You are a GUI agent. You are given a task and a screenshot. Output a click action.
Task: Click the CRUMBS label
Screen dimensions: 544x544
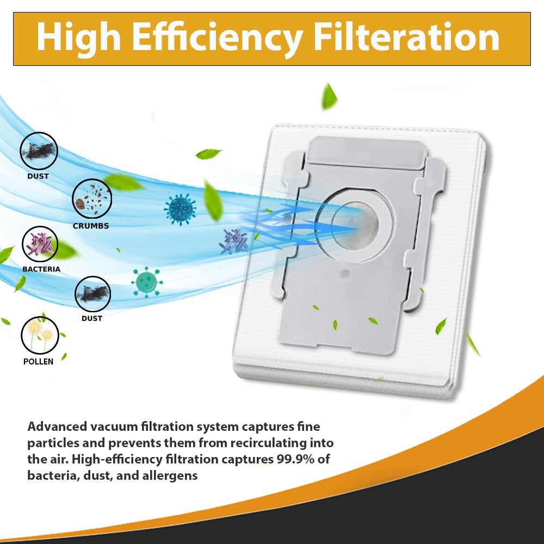[x=91, y=226]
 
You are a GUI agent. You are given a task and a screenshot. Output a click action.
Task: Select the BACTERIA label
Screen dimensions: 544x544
[x=41, y=269]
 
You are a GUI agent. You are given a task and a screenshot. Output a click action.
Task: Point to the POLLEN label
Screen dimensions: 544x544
[x=38, y=362]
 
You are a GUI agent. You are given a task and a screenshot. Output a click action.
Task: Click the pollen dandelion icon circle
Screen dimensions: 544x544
[x=40, y=335]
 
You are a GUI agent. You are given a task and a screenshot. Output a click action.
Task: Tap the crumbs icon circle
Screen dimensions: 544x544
[x=92, y=199]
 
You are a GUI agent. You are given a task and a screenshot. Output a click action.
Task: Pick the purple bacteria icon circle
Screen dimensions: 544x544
[x=40, y=244]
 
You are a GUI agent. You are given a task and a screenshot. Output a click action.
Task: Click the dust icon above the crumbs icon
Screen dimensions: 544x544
[x=39, y=151]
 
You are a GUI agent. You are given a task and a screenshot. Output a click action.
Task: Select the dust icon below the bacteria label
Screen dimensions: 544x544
[x=92, y=294]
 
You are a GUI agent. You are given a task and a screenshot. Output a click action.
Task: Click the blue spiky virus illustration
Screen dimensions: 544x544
[x=180, y=209]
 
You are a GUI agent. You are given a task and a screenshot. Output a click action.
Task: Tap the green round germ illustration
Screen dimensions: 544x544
[x=147, y=282]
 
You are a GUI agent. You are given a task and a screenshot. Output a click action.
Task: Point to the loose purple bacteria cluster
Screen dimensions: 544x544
[x=233, y=241]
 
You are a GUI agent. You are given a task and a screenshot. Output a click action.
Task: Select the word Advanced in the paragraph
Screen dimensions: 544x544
[x=57, y=426]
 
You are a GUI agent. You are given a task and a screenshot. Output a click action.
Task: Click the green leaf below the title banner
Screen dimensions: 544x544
[x=329, y=96]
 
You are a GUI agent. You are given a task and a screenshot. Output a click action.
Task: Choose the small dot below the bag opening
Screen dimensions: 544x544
[x=344, y=274]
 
